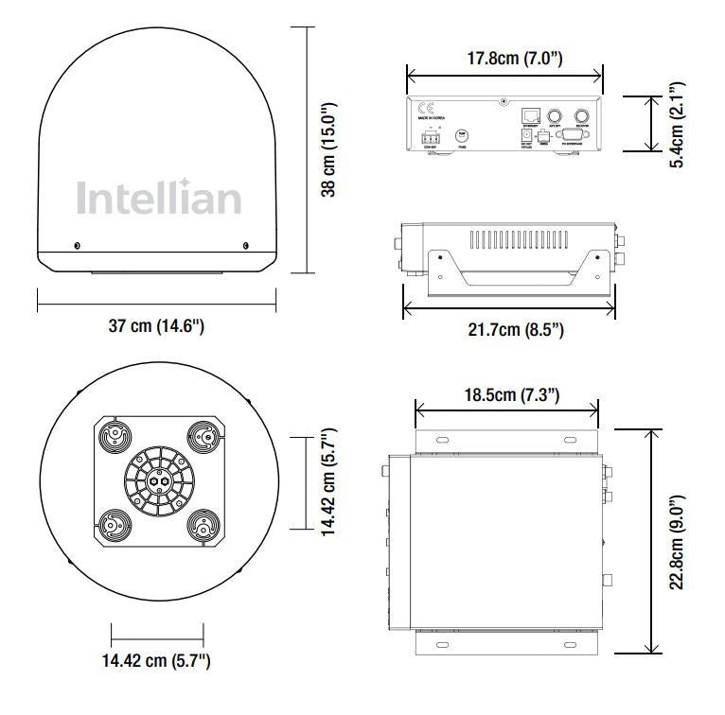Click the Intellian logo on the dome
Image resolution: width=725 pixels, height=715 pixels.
tap(158, 198)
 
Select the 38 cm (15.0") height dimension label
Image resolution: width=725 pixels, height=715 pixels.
tap(328, 149)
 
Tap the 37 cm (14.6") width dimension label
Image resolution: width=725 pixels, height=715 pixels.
tap(156, 326)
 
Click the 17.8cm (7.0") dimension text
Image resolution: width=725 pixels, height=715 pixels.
tap(504, 59)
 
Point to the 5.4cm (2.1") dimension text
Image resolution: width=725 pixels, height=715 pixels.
tap(676, 124)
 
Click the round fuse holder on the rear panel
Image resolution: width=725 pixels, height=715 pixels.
tap(463, 136)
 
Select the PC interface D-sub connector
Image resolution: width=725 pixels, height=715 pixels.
tap(570, 136)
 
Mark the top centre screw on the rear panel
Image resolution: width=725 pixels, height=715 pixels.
tap(504, 100)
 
